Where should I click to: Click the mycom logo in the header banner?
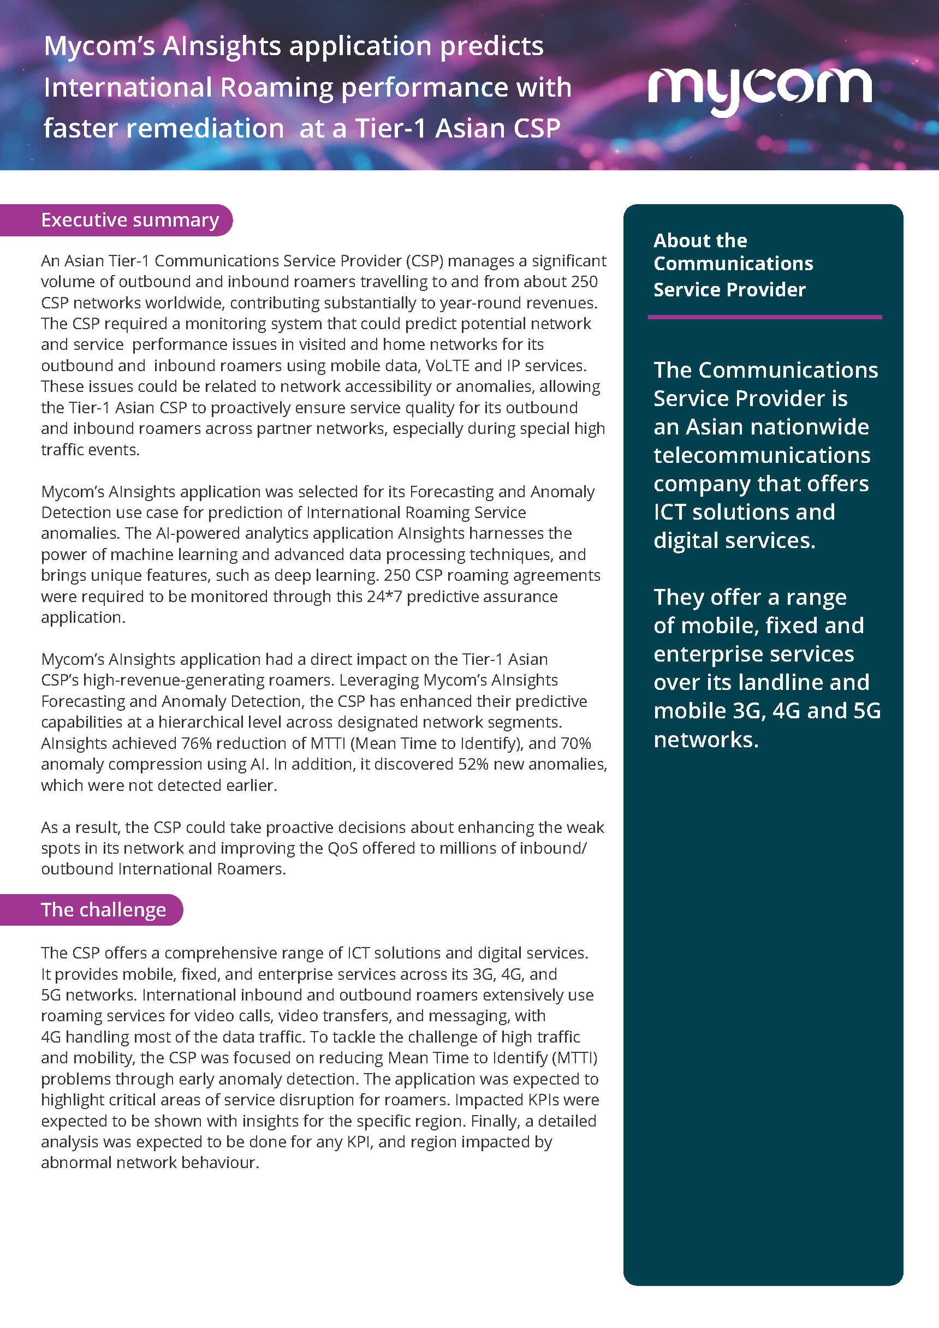coord(759,90)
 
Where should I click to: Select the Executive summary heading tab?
coord(129,221)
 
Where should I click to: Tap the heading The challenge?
coord(103,910)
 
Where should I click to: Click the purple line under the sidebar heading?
coord(764,317)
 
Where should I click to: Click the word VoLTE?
coord(447,366)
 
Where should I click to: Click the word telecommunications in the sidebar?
coord(762,455)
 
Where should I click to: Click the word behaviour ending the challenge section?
coord(219,1163)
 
